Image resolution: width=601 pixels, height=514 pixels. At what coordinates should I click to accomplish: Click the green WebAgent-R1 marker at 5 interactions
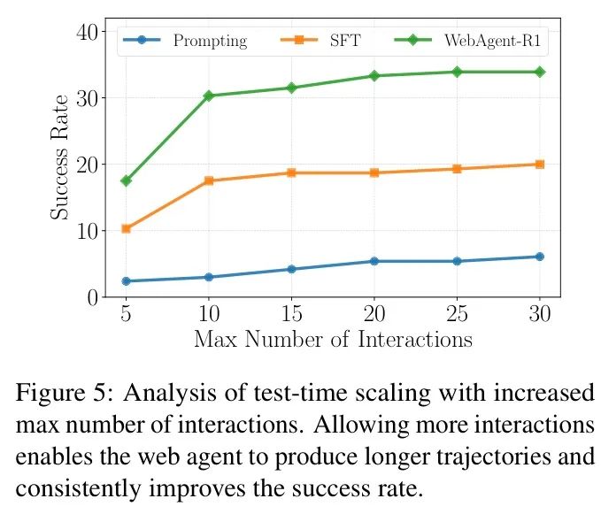[127, 180]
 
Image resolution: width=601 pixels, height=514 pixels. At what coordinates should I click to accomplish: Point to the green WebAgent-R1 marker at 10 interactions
[209, 96]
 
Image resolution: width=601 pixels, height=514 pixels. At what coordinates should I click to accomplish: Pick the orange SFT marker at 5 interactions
[127, 228]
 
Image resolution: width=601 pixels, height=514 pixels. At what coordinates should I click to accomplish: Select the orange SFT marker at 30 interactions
[539, 165]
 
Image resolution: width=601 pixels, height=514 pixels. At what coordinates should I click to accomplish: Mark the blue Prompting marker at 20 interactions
[374, 261]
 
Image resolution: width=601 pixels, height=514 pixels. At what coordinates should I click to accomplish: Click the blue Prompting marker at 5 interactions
[127, 281]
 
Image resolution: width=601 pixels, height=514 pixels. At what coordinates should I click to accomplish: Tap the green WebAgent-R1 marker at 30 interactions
[539, 72]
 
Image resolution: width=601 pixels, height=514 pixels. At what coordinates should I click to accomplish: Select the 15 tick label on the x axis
[290, 314]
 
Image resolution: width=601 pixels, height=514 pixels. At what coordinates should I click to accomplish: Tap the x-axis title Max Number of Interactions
[333, 339]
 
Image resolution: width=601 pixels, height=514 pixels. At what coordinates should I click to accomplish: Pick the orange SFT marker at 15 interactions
[291, 173]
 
